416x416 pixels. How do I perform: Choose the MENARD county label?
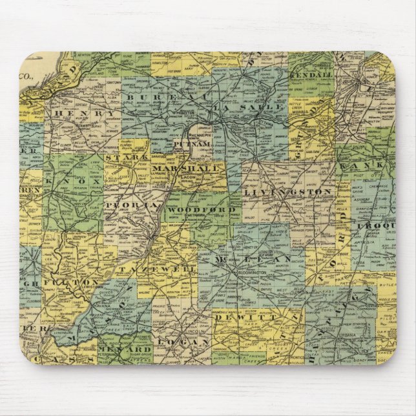pyautogui.click(x=134, y=351)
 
